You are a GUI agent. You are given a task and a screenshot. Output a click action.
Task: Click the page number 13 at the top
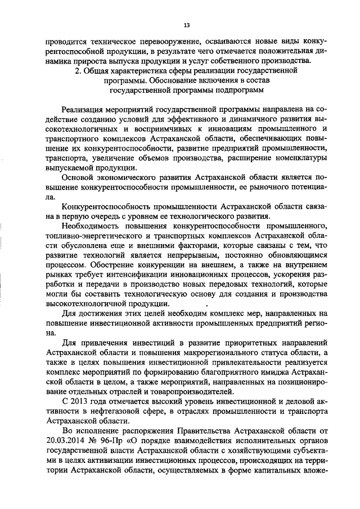pos(186,25)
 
